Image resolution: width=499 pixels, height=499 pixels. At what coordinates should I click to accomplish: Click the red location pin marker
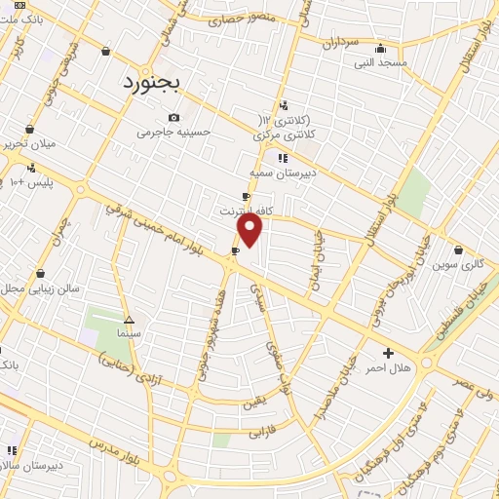[x=250, y=230]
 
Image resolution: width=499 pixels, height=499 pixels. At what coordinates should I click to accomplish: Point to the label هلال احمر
[x=388, y=368]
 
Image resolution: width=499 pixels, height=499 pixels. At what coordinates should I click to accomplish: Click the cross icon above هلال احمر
[x=388, y=353]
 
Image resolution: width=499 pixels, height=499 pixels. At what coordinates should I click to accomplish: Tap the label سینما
[x=129, y=333]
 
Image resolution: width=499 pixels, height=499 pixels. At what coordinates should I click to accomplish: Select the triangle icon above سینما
[x=129, y=320]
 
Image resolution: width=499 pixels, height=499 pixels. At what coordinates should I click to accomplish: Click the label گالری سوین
[x=458, y=264]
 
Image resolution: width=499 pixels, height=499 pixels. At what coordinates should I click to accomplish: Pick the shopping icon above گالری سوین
[x=458, y=249]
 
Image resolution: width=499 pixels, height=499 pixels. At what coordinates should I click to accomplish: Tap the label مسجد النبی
[x=380, y=62]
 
